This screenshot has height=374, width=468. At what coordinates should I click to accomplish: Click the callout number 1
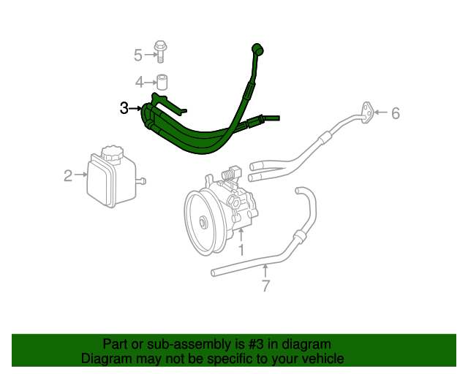point(241,250)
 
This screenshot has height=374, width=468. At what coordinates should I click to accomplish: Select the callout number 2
point(68,175)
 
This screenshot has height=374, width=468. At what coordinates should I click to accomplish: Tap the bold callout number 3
point(124,108)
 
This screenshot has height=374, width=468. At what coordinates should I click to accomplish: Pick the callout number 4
point(139,81)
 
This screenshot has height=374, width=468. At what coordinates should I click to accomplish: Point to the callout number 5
point(138,54)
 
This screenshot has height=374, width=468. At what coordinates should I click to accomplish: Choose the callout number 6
point(396,113)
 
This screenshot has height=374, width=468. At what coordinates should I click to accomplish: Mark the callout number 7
point(265,286)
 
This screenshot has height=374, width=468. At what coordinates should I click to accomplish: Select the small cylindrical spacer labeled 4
point(162,81)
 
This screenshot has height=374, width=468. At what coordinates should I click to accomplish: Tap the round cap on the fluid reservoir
point(112,154)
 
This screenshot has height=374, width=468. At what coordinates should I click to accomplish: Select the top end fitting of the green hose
point(257,50)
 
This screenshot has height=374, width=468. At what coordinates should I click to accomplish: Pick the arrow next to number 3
point(136,109)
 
